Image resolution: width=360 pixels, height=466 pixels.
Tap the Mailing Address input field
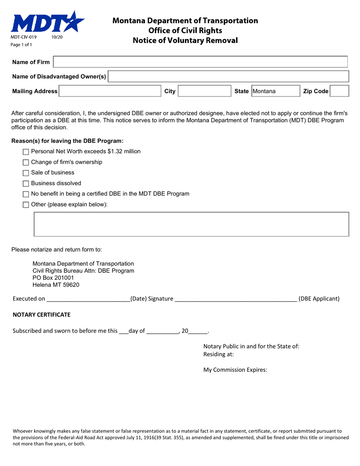110,91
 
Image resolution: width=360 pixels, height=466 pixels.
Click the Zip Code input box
339,91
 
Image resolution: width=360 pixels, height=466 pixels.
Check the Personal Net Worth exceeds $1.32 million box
26,152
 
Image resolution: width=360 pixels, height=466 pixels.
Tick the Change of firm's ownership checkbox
26,163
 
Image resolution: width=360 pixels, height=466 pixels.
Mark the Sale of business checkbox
26,173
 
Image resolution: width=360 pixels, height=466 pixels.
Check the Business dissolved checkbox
26,184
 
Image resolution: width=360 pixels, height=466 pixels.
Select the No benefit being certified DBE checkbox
26,194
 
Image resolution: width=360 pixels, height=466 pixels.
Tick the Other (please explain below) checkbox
26,205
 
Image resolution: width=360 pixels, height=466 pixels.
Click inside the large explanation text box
191,224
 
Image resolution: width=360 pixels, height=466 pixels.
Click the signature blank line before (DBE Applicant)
235,299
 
